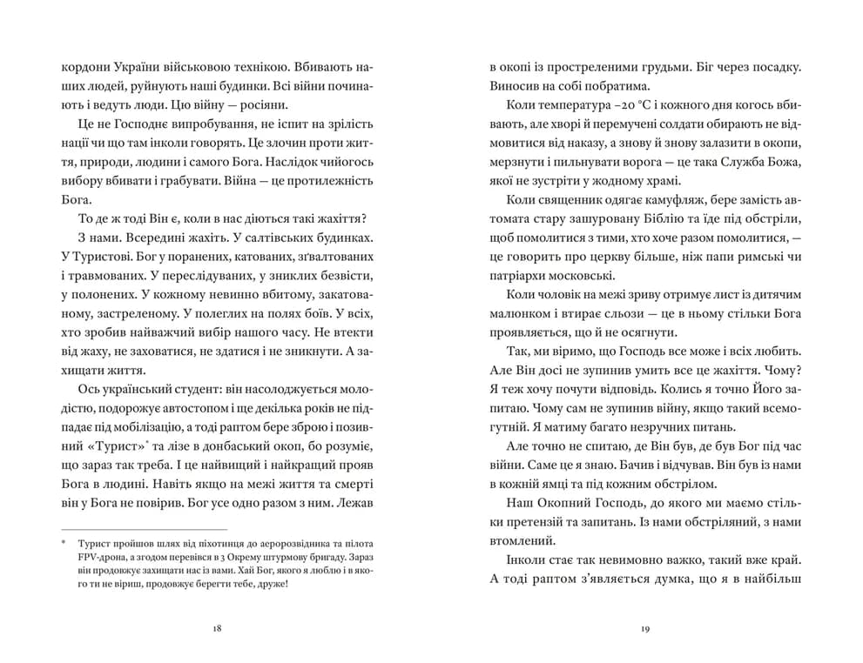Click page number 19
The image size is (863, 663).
tap(645, 627)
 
